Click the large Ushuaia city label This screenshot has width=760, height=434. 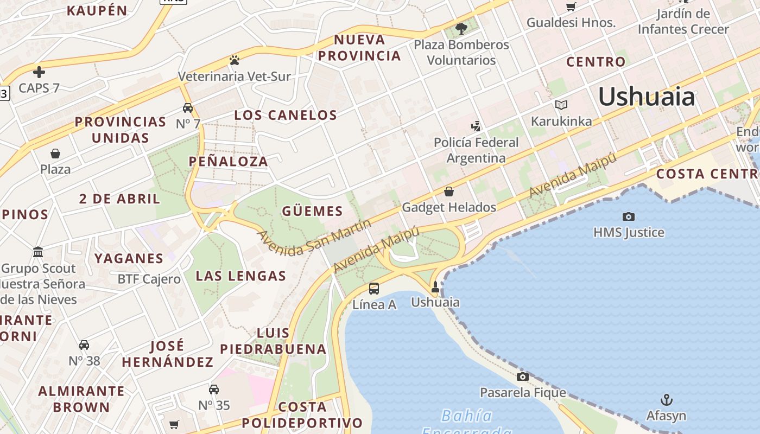coord(646,97)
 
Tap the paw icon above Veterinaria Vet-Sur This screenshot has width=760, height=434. coord(235,60)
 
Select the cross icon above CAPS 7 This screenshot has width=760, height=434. coord(39,72)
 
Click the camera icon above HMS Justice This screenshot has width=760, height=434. coord(629,216)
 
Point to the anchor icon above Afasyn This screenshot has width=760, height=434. coord(666,400)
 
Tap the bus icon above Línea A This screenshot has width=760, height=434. coord(374,289)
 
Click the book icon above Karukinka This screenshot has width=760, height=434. coord(561,105)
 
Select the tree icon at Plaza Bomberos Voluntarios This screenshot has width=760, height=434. coord(461,28)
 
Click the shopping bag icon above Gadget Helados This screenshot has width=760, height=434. coord(449,192)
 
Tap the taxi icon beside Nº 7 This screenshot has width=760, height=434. coord(188,107)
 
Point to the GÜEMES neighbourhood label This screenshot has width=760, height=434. coord(312,211)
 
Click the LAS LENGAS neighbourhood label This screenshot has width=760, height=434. coord(240,276)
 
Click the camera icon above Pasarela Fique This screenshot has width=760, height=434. coord(523,376)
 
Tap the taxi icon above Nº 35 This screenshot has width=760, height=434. coord(214,389)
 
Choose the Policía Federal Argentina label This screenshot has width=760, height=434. coord(476,150)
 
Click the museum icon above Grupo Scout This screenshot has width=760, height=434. coord(38,252)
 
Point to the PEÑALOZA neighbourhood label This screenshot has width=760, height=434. coord(229,161)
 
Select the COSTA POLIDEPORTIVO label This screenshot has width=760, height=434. coord(302,415)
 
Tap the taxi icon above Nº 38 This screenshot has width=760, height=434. coord(84,344)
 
